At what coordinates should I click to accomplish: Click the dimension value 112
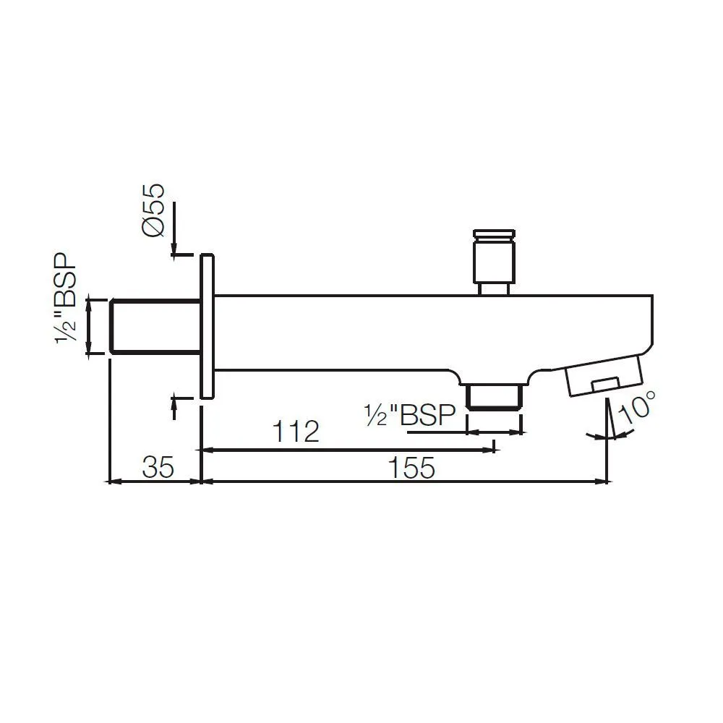296,432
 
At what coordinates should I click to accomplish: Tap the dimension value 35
158,468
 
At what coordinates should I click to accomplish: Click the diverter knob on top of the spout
494,257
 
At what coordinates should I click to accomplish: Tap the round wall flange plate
207,326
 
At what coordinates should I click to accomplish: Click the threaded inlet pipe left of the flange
155,326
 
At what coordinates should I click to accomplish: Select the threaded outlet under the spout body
495,397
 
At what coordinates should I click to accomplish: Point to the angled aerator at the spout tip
603,375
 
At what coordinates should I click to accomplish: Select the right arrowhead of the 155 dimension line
602,480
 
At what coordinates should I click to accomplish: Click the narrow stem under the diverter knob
495,288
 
